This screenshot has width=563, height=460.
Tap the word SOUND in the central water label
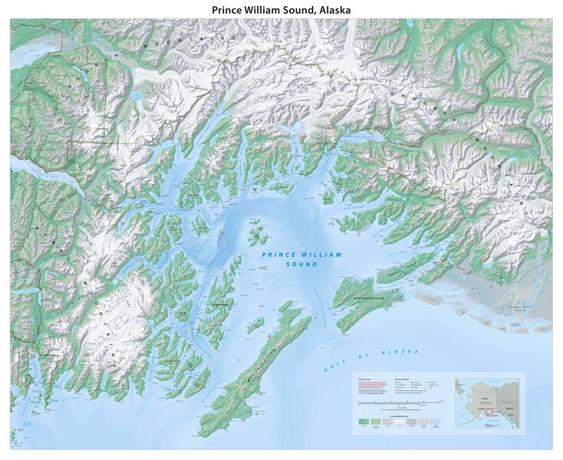pyautogui.click(x=300, y=264)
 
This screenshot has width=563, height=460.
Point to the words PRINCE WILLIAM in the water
pyautogui.click(x=301, y=255)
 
